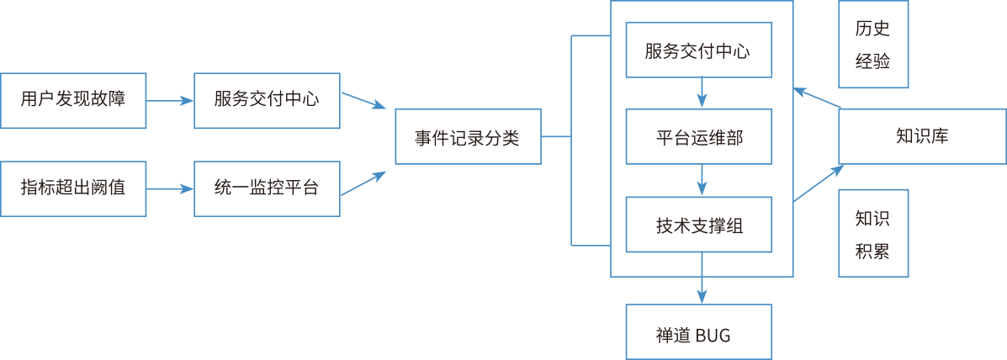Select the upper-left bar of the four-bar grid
pos(84,99)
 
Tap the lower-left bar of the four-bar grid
pos(84,187)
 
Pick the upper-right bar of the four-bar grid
pos(278,99)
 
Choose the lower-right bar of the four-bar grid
pos(278,187)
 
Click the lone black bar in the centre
pos(480,138)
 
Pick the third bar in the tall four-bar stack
pos(715,225)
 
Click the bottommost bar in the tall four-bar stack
pos(715,335)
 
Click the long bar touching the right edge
pos(955,135)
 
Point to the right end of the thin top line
pos(607,1)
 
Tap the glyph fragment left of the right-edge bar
pos(900,135)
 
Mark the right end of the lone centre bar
pos(537,138)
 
